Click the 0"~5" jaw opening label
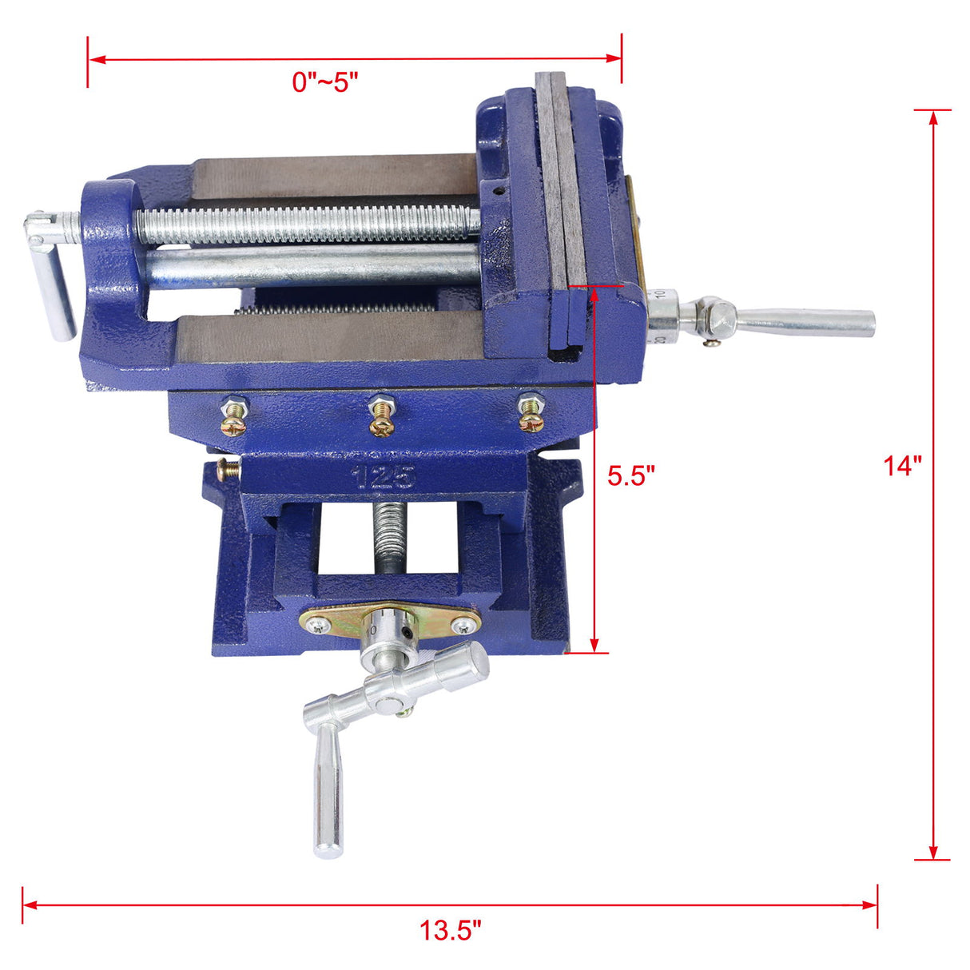point(324,82)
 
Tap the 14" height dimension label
point(902,465)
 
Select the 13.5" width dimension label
point(451,930)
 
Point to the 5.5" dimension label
point(630,475)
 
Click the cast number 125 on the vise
point(384,477)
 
